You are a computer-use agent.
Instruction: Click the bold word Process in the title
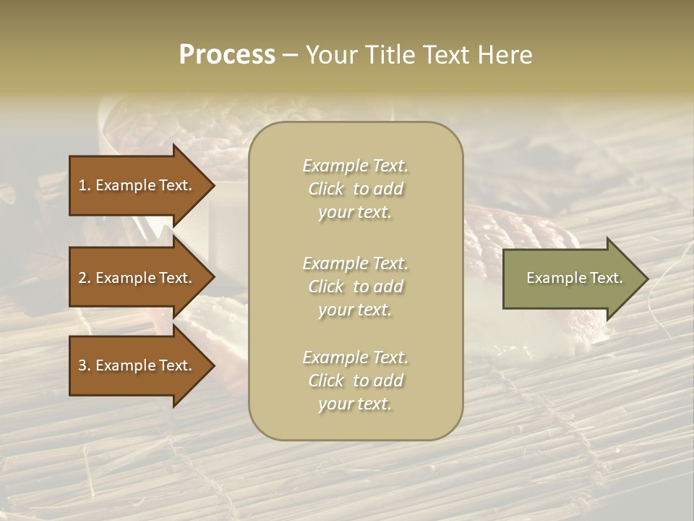[227, 55]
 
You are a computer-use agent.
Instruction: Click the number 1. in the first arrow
[85, 185]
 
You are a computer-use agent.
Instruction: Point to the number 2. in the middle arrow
[85, 278]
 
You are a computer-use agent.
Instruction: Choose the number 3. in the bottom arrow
[85, 366]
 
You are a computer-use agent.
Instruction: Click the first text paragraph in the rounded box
[355, 189]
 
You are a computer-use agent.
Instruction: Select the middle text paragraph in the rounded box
[355, 287]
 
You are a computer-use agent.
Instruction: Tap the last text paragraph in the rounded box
[355, 381]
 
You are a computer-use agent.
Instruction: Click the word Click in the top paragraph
[325, 189]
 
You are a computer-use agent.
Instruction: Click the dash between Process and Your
[291, 55]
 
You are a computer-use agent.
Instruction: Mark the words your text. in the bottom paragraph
[355, 404]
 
